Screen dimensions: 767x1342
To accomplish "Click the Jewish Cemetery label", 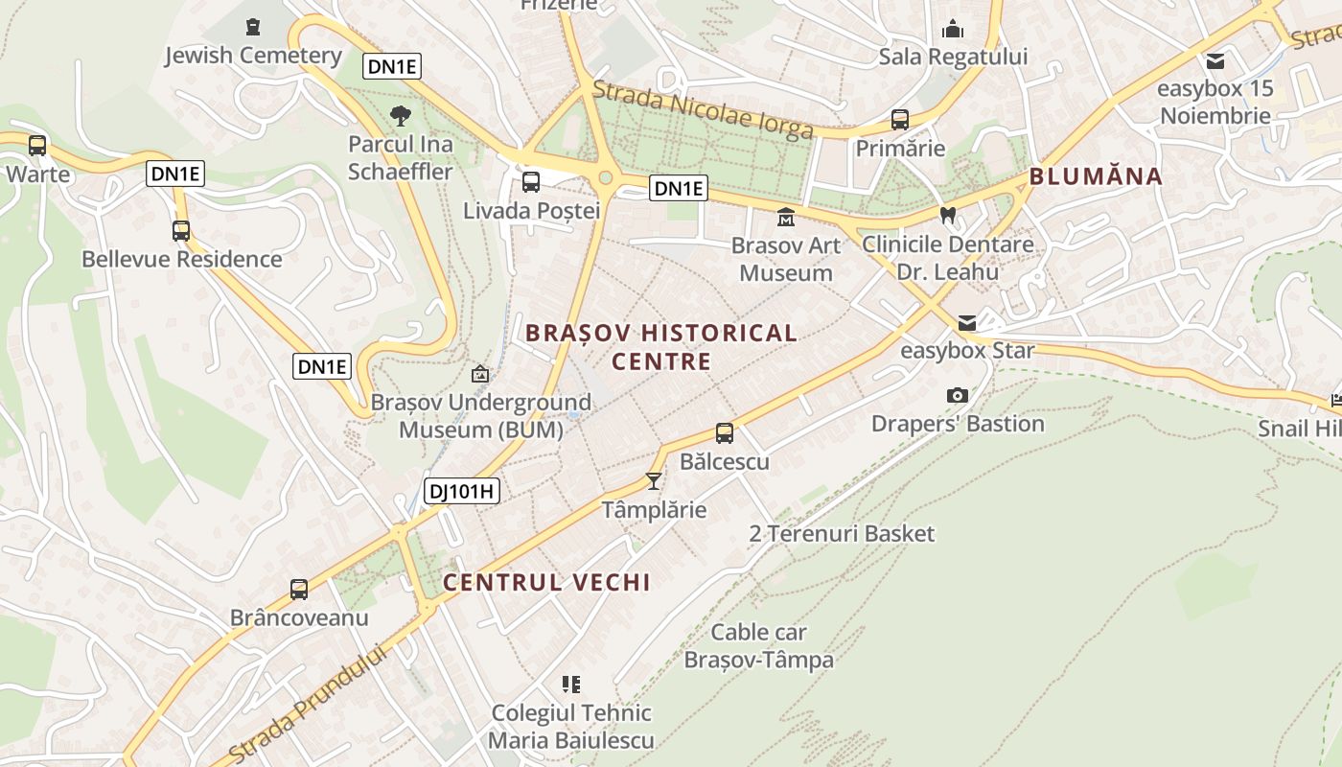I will click(253, 56).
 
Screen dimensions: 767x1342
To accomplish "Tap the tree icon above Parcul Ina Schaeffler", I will click(401, 117).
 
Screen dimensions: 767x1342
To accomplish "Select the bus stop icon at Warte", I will click(37, 146).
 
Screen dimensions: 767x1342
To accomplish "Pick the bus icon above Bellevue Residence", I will click(181, 231).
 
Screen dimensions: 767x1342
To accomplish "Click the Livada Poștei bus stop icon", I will click(531, 182).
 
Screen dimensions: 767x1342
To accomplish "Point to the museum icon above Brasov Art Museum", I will click(786, 218).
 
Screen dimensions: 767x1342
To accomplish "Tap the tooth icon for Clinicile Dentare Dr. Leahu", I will click(948, 216).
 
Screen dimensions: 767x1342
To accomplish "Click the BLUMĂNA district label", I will click(1096, 176).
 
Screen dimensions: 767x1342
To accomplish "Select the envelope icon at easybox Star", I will click(967, 323).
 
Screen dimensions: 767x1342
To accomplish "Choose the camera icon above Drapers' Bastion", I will click(957, 395).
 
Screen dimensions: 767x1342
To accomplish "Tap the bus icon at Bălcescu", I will click(725, 433).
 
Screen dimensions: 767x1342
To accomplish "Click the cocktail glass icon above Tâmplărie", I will click(654, 481).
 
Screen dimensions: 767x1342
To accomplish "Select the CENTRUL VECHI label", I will click(546, 582).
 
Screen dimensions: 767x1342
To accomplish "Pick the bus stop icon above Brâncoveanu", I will click(299, 590).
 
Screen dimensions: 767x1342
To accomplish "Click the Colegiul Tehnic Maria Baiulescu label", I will click(571, 727).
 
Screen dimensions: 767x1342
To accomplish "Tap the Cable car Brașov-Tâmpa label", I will click(758, 646).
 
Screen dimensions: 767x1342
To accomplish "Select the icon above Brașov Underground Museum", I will click(480, 374).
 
